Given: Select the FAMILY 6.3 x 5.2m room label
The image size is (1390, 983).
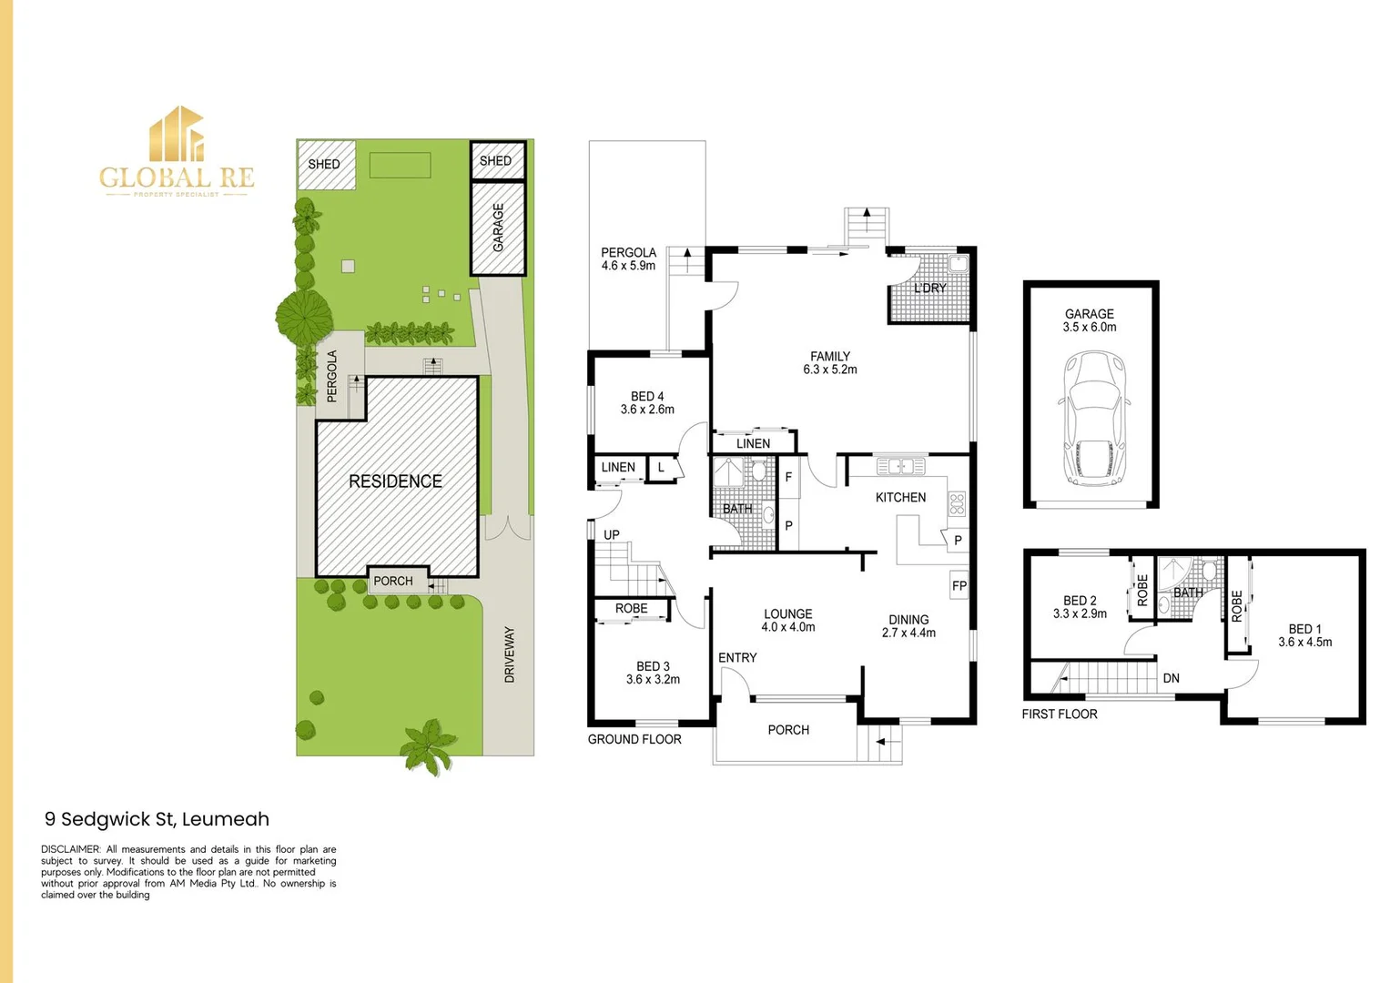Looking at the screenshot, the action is click(829, 363).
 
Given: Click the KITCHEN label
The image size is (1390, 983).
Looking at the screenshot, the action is click(900, 498).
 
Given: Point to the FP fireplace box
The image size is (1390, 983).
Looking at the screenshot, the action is click(959, 584).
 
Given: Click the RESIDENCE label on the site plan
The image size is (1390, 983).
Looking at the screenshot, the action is click(395, 481).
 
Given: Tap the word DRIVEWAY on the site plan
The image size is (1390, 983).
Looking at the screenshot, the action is click(510, 654).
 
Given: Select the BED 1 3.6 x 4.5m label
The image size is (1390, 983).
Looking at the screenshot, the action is click(1304, 635).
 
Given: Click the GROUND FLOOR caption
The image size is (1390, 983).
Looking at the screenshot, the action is click(634, 739).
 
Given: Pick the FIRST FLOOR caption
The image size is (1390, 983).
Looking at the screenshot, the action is click(1060, 714).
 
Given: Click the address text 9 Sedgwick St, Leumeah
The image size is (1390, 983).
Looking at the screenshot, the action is click(157, 819).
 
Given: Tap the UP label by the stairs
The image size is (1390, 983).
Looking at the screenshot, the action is click(611, 535).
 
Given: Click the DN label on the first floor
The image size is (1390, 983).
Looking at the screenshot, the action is click(1171, 678).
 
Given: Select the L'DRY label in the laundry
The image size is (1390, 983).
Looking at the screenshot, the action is click(929, 289).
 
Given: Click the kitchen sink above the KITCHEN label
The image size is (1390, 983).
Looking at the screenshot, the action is click(900, 465).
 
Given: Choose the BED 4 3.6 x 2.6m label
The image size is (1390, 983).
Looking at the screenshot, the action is click(647, 402).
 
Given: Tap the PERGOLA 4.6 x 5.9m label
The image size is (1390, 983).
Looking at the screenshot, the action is click(628, 258).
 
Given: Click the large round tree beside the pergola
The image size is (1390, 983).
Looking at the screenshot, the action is click(304, 317).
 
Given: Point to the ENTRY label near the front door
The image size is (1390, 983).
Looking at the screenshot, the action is click(737, 658).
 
